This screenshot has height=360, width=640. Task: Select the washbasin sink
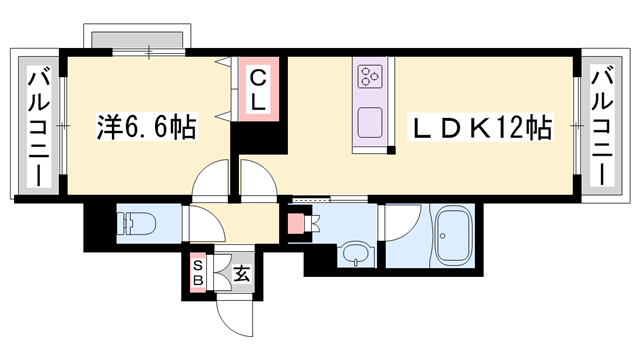tap(355, 257)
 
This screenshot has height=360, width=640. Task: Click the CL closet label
tap(258, 89)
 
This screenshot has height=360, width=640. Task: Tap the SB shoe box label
tap(198, 273)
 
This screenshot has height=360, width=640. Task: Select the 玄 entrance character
tap(240, 271)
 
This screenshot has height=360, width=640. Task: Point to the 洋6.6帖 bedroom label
tap(145, 127)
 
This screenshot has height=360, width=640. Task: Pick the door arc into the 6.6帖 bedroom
tap(213, 181)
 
